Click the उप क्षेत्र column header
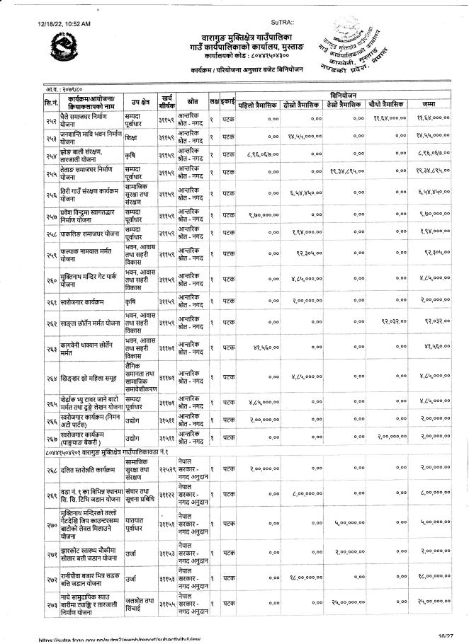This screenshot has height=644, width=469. (140, 102)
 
